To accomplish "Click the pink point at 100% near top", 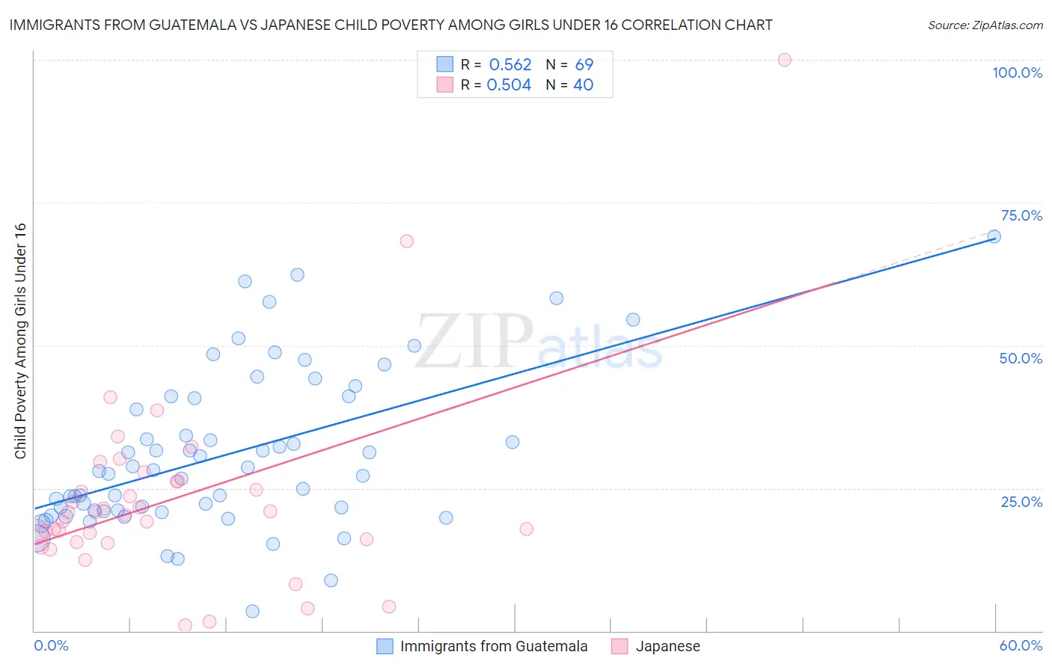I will [x=784, y=60].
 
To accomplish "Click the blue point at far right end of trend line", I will [x=994, y=236].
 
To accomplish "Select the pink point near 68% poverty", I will [x=406, y=241].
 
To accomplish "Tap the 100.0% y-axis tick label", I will [x=1017, y=73].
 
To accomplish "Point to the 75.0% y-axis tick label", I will [x=1021, y=215].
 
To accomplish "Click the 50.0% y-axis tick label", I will [x=1021, y=358].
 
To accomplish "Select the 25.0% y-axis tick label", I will [x=1021, y=501].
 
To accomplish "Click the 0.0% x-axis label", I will [x=51, y=645].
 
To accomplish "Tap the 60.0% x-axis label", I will [x=1021, y=645].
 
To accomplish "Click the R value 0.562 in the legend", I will [x=510, y=65].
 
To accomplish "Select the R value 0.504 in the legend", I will [x=509, y=85].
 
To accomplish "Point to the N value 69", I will [x=584, y=65].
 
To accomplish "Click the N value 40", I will [x=583, y=85].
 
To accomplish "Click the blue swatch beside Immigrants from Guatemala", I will [x=385, y=646].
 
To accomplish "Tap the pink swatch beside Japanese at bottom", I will [x=620, y=646].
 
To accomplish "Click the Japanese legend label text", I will [x=667, y=646].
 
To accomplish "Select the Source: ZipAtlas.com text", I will [x=985, y=25].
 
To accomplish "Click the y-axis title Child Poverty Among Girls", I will [x=20, y=341].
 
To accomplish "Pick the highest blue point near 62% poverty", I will [x=297, y=274].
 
